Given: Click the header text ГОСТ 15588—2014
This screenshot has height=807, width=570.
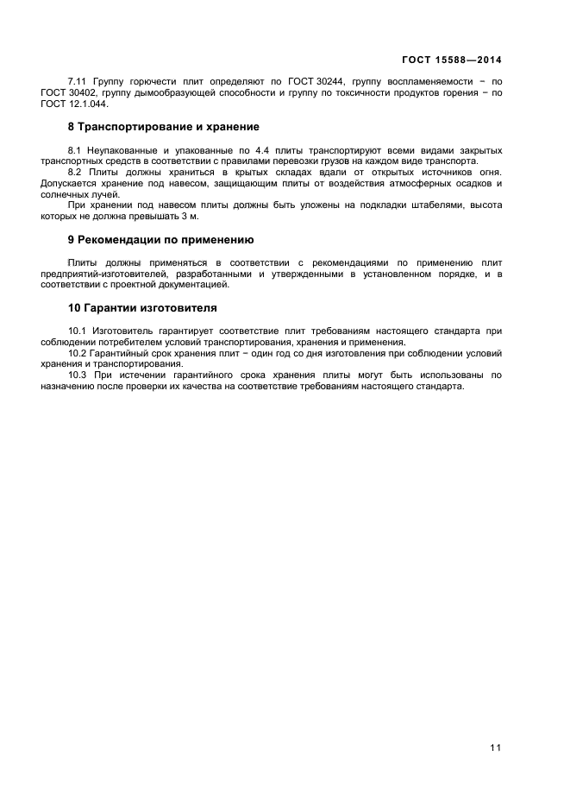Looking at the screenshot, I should tap(452, 60).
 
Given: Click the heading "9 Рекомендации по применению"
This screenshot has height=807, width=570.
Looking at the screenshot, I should tap(160, 239).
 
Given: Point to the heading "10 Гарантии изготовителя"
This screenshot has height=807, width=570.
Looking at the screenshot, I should tap(142, 307).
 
